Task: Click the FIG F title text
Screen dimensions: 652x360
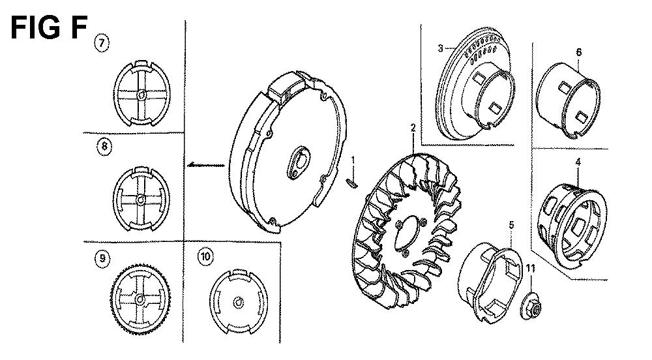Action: (49, 28)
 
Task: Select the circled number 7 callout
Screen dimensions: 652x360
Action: (102, 43)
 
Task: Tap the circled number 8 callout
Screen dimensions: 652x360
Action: (104, 146)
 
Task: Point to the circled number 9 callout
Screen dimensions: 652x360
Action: (102, 258)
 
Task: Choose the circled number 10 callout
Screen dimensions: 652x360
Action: (205, 256)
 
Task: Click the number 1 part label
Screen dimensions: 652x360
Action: (353, 160)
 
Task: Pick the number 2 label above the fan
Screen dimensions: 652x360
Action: (413, 128)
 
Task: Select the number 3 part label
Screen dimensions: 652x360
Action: (440, 48)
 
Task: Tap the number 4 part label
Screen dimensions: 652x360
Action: (578, 162)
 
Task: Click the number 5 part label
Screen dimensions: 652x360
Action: (511, 225)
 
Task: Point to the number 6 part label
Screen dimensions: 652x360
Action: (578, 52)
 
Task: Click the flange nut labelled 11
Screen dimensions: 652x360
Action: (531, 307)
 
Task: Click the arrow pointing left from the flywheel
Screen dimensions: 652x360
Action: (206, 165)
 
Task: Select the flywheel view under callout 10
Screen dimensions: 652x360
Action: (239, 302)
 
